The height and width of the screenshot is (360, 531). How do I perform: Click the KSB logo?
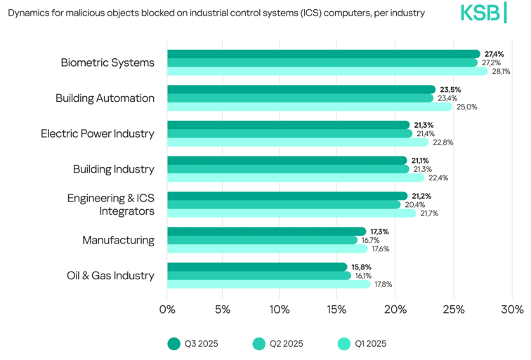(483, 13)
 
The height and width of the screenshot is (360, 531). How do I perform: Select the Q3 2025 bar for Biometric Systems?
(323, 54)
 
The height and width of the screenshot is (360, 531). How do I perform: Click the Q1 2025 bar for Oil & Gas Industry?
(268, 284)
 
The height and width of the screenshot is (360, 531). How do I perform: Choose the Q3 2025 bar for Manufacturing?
(266, 232)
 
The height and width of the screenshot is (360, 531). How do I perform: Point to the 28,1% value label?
(501, 72)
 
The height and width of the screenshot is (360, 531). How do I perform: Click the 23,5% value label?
(450, 90)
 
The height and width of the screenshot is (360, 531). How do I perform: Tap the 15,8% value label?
(361, 267)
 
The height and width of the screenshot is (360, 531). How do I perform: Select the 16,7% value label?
(370, 240)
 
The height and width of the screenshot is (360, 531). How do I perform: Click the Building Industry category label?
(114, 169)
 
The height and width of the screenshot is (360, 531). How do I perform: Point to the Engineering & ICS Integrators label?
(111, 204)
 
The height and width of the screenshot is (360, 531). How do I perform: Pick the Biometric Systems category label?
(107, 62)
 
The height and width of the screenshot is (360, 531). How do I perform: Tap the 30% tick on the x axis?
(512, 309)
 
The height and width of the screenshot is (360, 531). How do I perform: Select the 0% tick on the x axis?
(167, 309)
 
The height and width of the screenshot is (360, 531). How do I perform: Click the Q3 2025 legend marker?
(174, 343)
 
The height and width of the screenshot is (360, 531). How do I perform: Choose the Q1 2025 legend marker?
(344, 343)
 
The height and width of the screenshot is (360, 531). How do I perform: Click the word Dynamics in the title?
(29, 13)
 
